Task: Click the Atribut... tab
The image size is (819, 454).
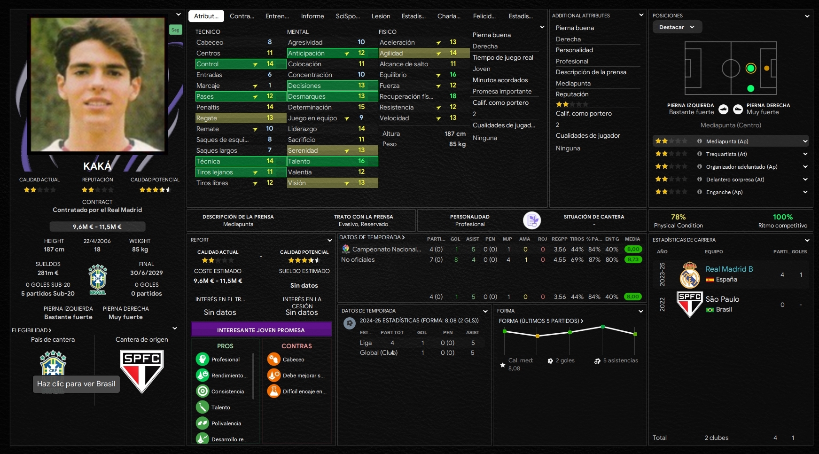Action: click(x=206, y=16)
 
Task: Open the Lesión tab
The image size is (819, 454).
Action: click(x=381, y=16)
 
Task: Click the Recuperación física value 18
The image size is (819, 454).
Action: click(x=453, y=96)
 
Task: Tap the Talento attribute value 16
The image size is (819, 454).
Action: click(x=361, y=161)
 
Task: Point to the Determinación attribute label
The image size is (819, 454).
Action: click(x=310, y=107)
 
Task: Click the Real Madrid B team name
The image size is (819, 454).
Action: click(x=729, y=269)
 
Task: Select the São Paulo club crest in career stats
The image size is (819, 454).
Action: click(x=689, y=304)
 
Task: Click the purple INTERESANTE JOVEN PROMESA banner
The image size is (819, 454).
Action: click(x=261, y=330)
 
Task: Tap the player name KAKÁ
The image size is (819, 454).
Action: click(x=97, y=166)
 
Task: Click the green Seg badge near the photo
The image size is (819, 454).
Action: click(x=175, y=30)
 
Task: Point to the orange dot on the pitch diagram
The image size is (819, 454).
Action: click(x=766, y=68)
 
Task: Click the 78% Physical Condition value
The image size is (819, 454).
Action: click(x=678, y=217)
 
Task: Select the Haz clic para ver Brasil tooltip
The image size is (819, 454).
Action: click(x=76, y=384)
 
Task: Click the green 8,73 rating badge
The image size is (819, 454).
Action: click(x=633, y=259)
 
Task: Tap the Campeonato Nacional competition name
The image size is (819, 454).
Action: click(x=386, y=249)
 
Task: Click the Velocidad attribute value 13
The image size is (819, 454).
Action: click(x=453, y=118)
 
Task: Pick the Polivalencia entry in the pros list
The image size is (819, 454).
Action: click(x=226, y=423)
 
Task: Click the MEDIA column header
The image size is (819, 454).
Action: click(x=632, y=239)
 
